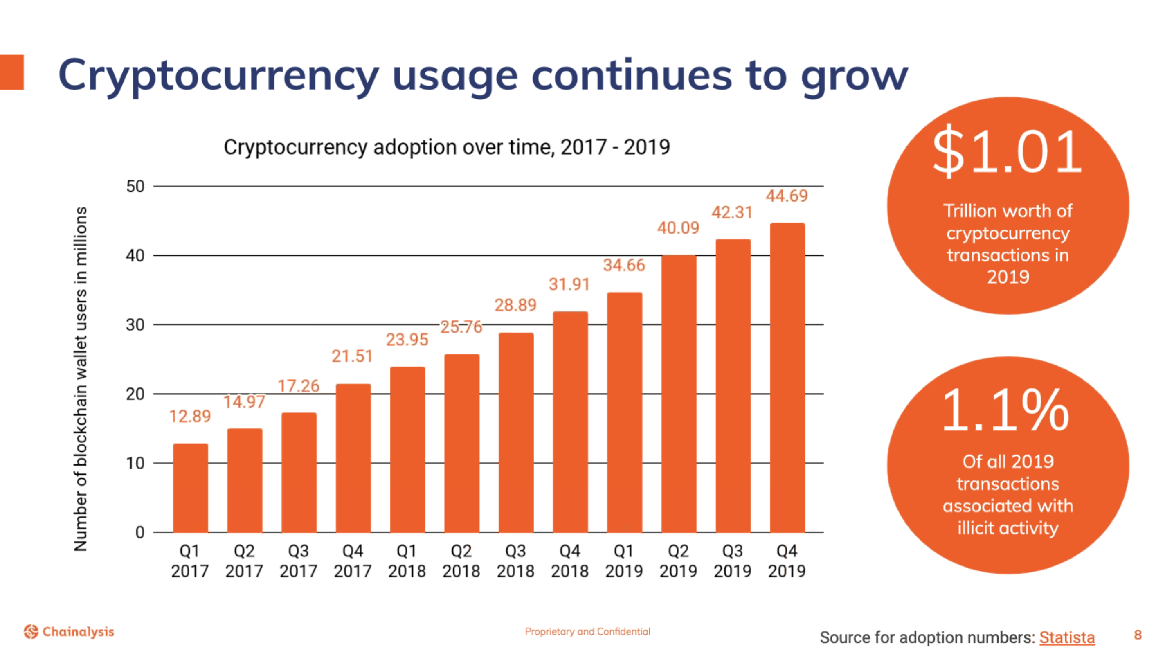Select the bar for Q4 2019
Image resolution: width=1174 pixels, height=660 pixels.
787,378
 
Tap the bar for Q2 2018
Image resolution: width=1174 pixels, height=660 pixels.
462,443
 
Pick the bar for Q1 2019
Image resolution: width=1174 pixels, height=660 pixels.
624,412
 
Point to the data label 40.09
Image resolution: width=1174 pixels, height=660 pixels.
678,228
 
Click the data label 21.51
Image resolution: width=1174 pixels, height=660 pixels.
352,356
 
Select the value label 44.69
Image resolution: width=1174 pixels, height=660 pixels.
787,196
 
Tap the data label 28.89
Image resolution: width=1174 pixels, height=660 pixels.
515,305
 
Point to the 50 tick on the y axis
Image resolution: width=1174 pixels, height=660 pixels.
135,187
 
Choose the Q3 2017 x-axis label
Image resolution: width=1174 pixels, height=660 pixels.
299,561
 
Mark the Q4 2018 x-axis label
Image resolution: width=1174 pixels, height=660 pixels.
570,561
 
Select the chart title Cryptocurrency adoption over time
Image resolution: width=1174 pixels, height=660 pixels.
447,147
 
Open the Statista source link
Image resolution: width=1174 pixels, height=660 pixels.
1067,637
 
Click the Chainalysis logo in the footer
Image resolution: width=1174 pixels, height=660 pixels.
69,632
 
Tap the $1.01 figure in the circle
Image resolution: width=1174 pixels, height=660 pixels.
1008,151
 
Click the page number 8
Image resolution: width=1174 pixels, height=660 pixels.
1138,635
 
